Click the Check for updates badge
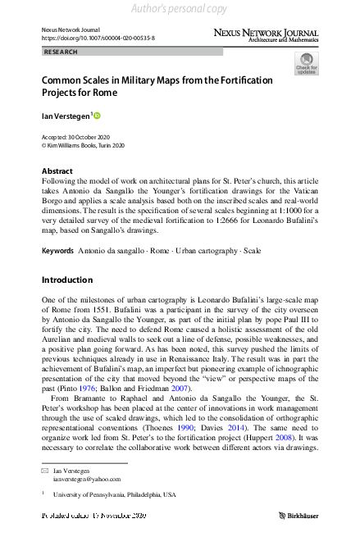tap(306, 63)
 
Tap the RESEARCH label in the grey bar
tap(62, 52)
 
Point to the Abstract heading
tap(57, 171)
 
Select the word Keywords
tap(57, 249)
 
